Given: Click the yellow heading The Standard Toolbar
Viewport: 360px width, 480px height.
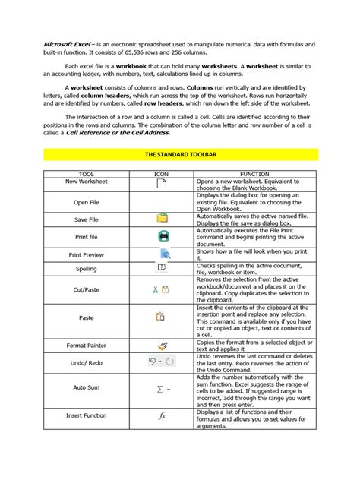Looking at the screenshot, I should coord(179,153).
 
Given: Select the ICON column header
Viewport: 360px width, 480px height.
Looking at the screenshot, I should coord(161,174).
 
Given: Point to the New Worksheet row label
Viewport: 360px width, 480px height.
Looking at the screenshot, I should coord(86,182).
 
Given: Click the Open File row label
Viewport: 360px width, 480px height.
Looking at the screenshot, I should coord(86,203).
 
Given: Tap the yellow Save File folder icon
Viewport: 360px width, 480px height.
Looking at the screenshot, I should coord(162,219).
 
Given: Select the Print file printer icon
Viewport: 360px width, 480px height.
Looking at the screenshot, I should coord(163,236).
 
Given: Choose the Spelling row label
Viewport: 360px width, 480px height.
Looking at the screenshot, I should coord(86,269).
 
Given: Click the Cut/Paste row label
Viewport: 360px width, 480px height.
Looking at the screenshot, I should coord(86,289).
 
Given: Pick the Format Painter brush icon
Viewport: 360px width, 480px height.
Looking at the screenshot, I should coord(161,345).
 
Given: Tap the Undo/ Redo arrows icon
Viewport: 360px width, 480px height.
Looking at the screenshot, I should coord(161,362).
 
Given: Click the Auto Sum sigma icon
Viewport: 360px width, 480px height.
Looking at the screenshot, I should coord(163,389).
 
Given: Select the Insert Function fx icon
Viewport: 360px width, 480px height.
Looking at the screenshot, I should coord(162,415).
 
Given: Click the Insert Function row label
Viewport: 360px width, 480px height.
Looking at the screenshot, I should coord(86,415).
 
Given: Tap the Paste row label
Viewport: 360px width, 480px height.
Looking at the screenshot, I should coord(86,317).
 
